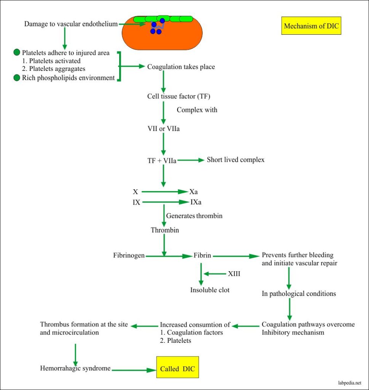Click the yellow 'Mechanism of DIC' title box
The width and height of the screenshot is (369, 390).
[311, 26]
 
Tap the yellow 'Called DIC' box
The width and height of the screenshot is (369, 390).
[178, 368]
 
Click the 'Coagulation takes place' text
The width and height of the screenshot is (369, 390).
[181, 67]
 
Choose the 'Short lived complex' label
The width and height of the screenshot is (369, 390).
[235, 160]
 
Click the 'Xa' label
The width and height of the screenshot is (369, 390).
[193, 192]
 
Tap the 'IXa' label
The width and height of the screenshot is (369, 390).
[196, 202]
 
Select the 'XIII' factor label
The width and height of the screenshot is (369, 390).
[234, 273]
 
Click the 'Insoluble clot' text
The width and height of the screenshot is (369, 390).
[210, 290]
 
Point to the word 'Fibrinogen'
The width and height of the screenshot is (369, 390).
[129, 256]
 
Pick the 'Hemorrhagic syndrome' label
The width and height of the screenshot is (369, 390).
[75, 368]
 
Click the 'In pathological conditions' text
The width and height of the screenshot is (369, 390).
[299, 294]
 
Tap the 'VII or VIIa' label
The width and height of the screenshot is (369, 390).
[163, 129]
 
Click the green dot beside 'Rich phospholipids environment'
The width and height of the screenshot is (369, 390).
[17, 78]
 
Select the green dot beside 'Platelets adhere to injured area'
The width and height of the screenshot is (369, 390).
[17, 53]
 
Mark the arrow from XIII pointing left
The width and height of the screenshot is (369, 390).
[215, 273]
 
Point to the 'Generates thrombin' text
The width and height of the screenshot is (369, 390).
[194, 216]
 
